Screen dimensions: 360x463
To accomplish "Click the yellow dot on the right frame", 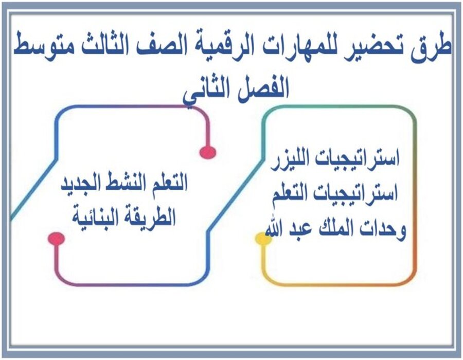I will click(x=263, y=238).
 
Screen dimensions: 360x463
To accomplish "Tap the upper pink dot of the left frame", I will click(x=207, y=152).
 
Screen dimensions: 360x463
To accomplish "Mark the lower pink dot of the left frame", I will click(x=56, y=238).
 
